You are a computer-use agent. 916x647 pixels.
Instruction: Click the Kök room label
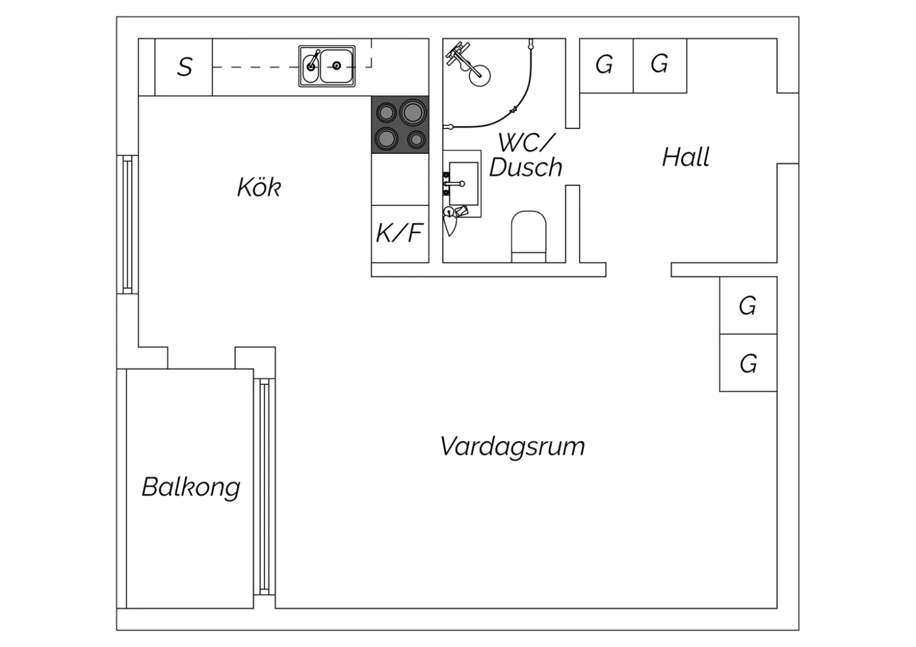tap(259, 187)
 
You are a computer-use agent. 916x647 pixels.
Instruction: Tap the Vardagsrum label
tap(512, 447)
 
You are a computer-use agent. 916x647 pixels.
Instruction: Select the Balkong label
tap(191, 487)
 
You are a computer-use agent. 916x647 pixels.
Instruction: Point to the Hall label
tap(686, 157)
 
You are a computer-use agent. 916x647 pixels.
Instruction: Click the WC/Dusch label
tap(526, 155)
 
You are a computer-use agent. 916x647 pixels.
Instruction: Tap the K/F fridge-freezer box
tap(400, 234)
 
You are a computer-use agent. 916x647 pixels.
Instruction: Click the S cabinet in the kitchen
tap(184, 67)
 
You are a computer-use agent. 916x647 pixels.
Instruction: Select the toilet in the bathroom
tap(528, 237)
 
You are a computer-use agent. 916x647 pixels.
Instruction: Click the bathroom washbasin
tap(463, 184)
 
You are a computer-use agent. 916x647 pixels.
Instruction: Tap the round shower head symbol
tap(479, 76)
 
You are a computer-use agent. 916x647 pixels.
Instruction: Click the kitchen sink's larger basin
tap(336, 66)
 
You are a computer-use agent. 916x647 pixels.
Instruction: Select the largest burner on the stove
tap(413, 112)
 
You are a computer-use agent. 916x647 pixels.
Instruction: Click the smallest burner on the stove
tap(416, 140)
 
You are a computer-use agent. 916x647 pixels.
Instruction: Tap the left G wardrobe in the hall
tap(606, 66)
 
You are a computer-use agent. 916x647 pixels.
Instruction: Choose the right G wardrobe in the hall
tap(660, 66)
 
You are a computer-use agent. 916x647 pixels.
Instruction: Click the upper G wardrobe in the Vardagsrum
tap(748, 305)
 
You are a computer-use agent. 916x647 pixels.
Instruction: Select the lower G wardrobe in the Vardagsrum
tap(748, 363)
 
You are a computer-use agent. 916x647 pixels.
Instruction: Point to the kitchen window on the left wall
tap(128, 225)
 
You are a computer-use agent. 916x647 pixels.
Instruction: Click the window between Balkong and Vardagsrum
tap(264, 486)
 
